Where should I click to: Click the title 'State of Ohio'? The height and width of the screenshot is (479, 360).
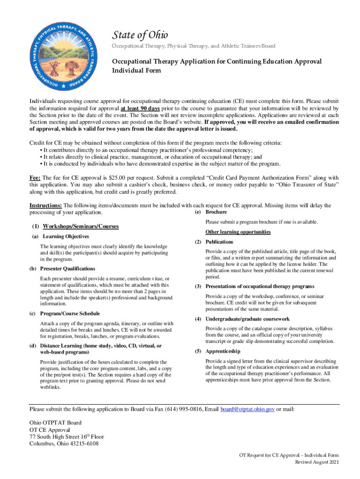tap(139, 35)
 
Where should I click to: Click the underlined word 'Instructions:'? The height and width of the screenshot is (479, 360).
tap(46, 205)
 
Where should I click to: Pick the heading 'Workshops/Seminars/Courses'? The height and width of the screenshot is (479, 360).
tap(81, 226)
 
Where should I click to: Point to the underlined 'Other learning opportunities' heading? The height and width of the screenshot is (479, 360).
tap(238, 232)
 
